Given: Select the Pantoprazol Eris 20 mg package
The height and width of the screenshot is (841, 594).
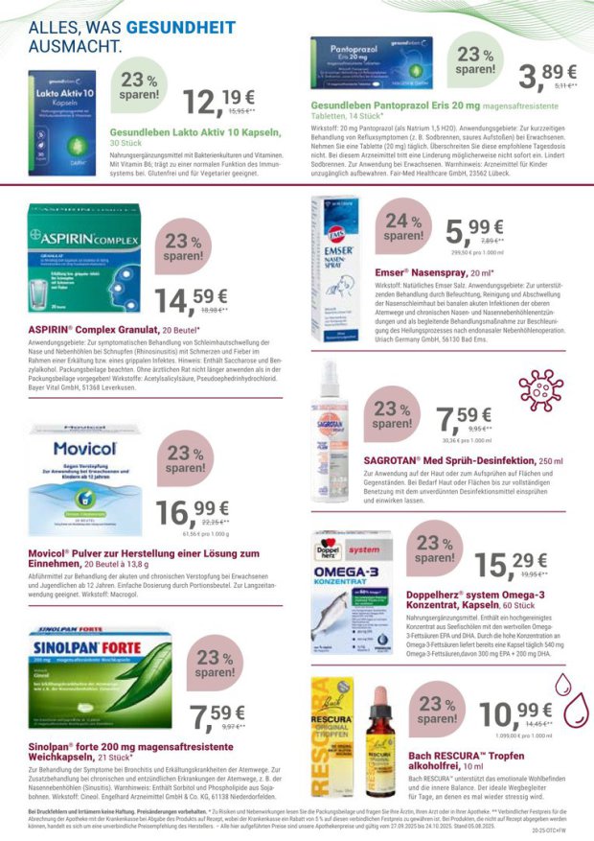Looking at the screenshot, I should (x=371, y=63).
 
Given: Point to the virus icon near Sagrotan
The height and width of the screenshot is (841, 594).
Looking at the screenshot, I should (x=540, y=390).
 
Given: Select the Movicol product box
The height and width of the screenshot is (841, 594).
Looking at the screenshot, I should (x=84, y=467).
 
